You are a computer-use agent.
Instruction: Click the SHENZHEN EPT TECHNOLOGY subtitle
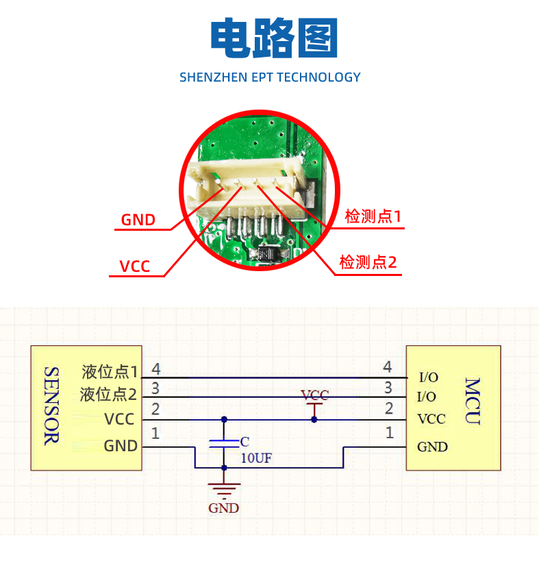270,77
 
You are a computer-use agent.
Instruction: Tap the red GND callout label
138,220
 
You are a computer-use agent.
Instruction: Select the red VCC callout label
135,266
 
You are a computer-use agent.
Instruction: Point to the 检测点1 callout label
373,217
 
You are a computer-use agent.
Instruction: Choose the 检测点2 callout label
368,262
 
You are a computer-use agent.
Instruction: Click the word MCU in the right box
473,401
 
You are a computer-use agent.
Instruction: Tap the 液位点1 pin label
110,372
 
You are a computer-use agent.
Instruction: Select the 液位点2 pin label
109,395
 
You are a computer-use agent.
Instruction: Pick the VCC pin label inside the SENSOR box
119,419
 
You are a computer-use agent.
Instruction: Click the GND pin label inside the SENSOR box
121,446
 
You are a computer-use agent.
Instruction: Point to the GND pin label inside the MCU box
432,447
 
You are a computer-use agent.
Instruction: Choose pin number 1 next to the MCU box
390,433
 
